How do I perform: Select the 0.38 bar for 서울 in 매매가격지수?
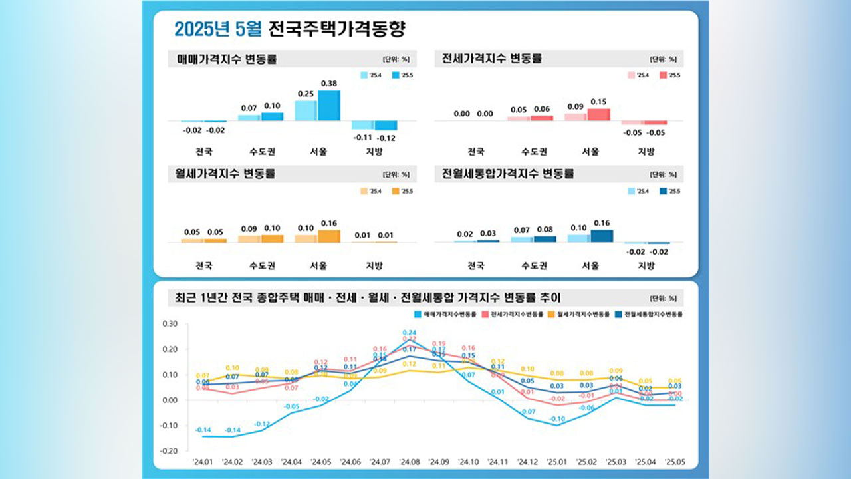click(x=328, y=106)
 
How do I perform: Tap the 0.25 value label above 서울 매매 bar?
click(x=306, y=94)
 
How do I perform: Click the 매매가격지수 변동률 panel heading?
click(x=227, y=59)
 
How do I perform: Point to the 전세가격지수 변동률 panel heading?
click(x=493, y=59)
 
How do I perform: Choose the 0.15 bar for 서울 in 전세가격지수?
click(x=599, y=114)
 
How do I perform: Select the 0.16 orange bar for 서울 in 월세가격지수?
click(x=328, y=236)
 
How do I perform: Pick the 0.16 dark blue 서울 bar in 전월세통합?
click(x=602, y=236)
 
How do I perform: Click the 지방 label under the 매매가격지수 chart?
click(x=374, y=152)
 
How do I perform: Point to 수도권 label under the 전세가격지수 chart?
click(x=534, y=152)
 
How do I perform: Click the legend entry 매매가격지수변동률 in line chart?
click(x=448, y=313)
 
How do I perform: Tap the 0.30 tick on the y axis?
click(x=170, y=324)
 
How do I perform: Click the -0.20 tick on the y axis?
click(x=168, y=451)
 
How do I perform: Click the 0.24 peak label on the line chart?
click(x=409, y=333)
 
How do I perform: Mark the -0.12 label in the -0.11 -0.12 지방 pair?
click(x=386, y=138)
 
